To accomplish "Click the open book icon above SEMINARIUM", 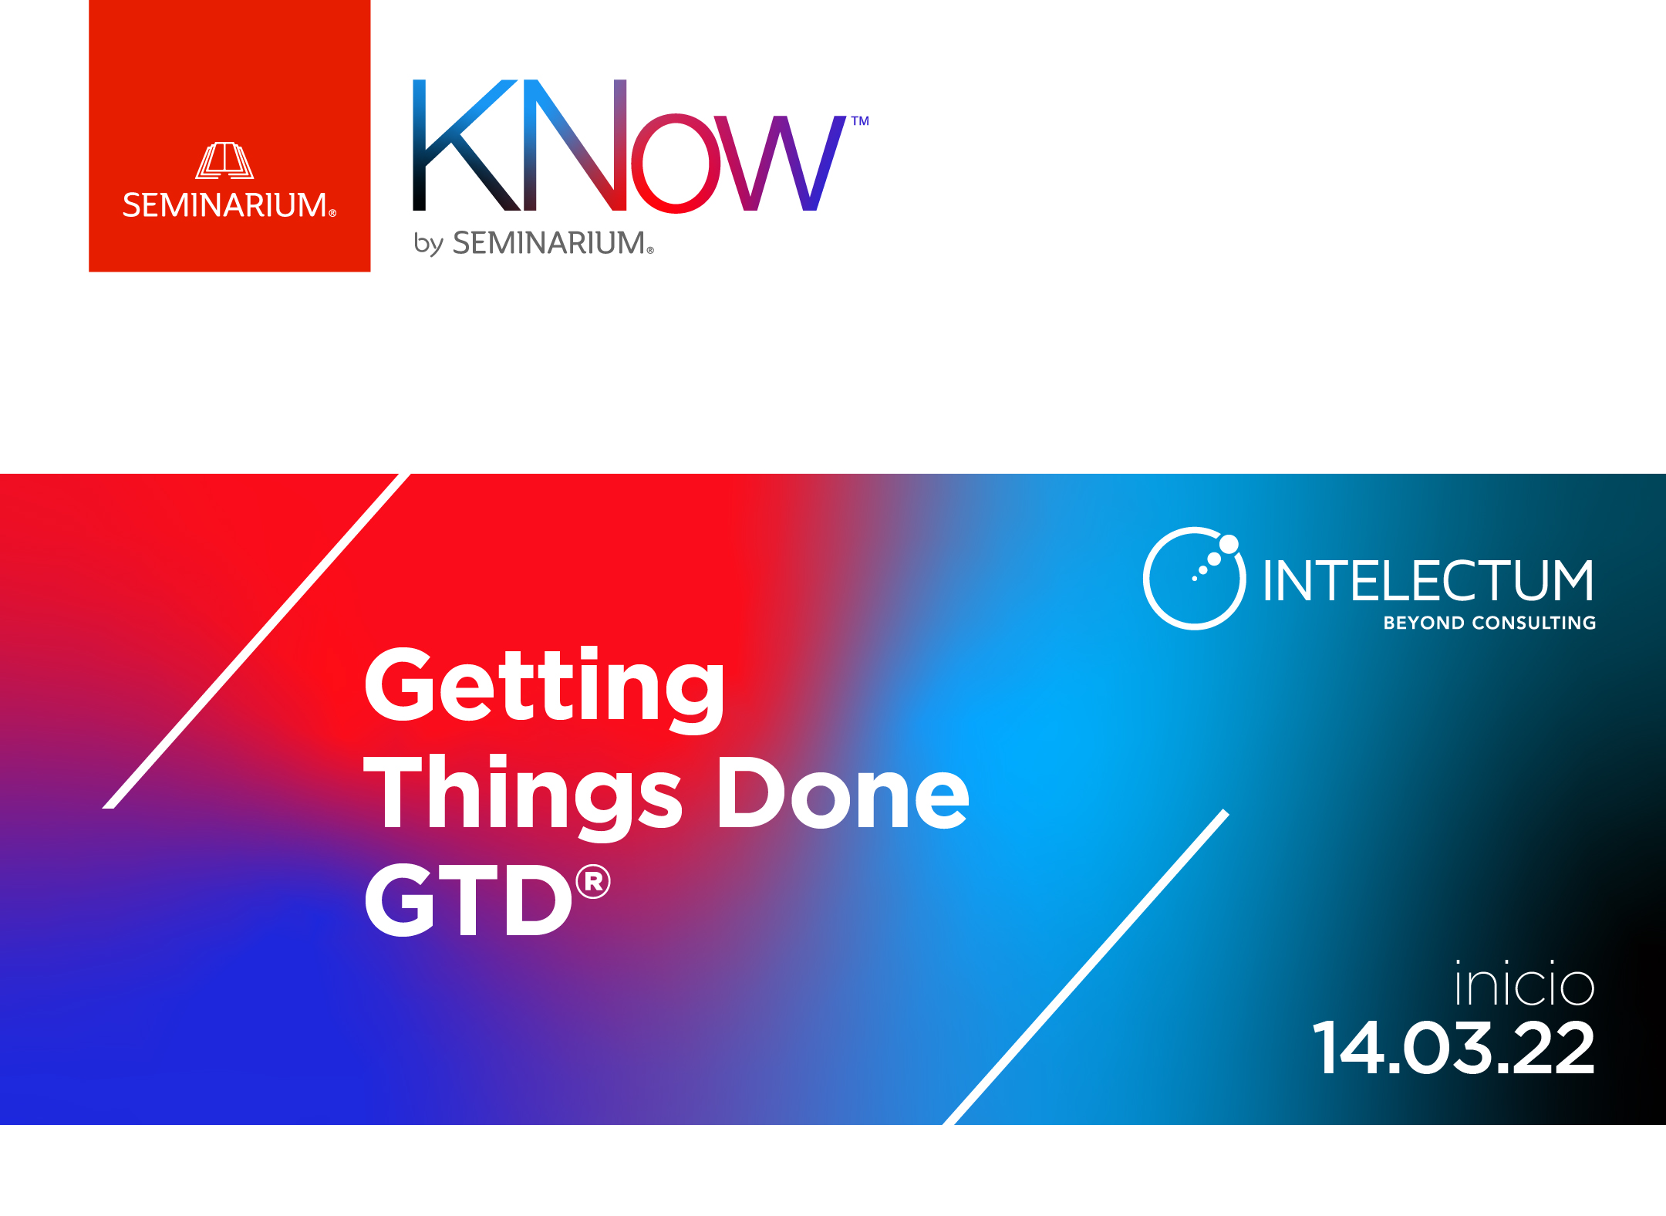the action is coord(224,160).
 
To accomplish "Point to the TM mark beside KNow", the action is coord(860,121).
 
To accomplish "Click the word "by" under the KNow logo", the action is coord(428,243).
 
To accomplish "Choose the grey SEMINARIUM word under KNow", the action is coord(553,243).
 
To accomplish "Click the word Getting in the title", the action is coord(545,688).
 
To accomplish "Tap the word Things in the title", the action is coord(523,796).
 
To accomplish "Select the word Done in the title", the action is coord(843,792).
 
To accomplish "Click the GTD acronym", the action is coord(468,900).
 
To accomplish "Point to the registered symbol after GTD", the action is coord(593,882).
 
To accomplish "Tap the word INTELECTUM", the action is coord(1428,580).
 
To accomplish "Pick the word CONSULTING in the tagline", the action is coord(1534,623).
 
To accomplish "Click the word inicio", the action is coord(1525,983).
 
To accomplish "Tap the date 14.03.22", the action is coord(1453,1047).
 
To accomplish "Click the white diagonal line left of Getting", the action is coord(257,640).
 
